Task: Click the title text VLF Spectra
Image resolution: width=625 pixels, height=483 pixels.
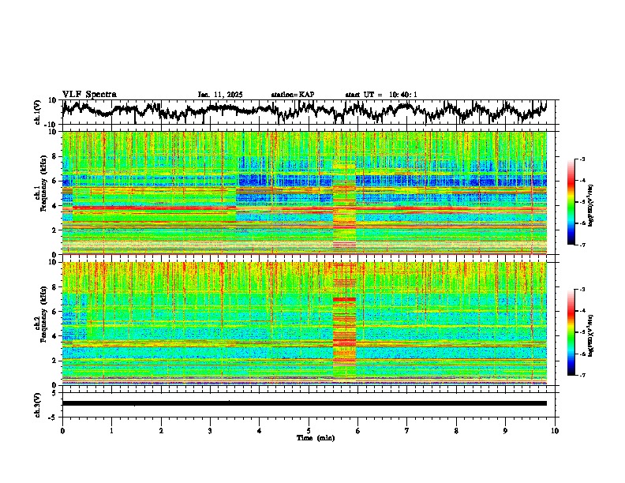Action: coord(89,94)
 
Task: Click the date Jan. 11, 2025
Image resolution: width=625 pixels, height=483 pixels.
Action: coord(220,95)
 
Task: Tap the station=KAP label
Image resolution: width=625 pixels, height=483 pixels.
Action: coord(293,95)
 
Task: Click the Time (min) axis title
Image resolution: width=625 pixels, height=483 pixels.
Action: coord(309,437)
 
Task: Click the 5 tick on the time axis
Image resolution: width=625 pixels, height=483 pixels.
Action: coord(309,429)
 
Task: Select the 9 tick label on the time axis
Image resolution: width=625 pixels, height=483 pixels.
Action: coord(506,429)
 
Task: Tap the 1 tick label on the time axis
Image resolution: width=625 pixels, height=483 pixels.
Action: coord(111,429)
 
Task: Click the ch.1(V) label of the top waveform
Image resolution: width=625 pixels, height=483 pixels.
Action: coord(38,112)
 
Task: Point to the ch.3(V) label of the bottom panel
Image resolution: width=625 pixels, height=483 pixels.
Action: coord(38,403)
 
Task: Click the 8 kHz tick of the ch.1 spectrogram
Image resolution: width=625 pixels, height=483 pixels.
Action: coord(54,156)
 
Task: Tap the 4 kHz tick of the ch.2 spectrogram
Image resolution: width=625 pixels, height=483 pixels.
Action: coord(54,336)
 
